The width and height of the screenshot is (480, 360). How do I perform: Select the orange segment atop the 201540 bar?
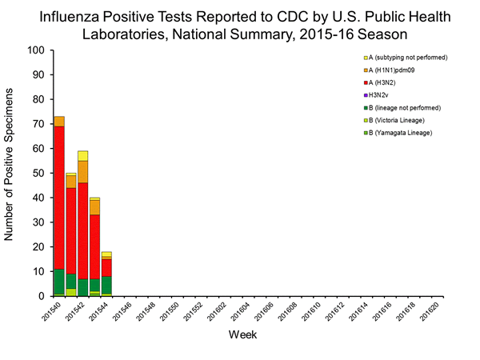(59, 122)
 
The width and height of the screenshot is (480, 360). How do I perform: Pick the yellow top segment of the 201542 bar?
(82, 155)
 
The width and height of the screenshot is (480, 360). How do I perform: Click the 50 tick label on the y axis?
(37, 173)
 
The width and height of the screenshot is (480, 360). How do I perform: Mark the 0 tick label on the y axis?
(40, 296)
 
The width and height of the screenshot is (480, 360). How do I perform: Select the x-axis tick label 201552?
(188, 314)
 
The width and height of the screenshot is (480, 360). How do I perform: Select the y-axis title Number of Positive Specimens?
(10, 173)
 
